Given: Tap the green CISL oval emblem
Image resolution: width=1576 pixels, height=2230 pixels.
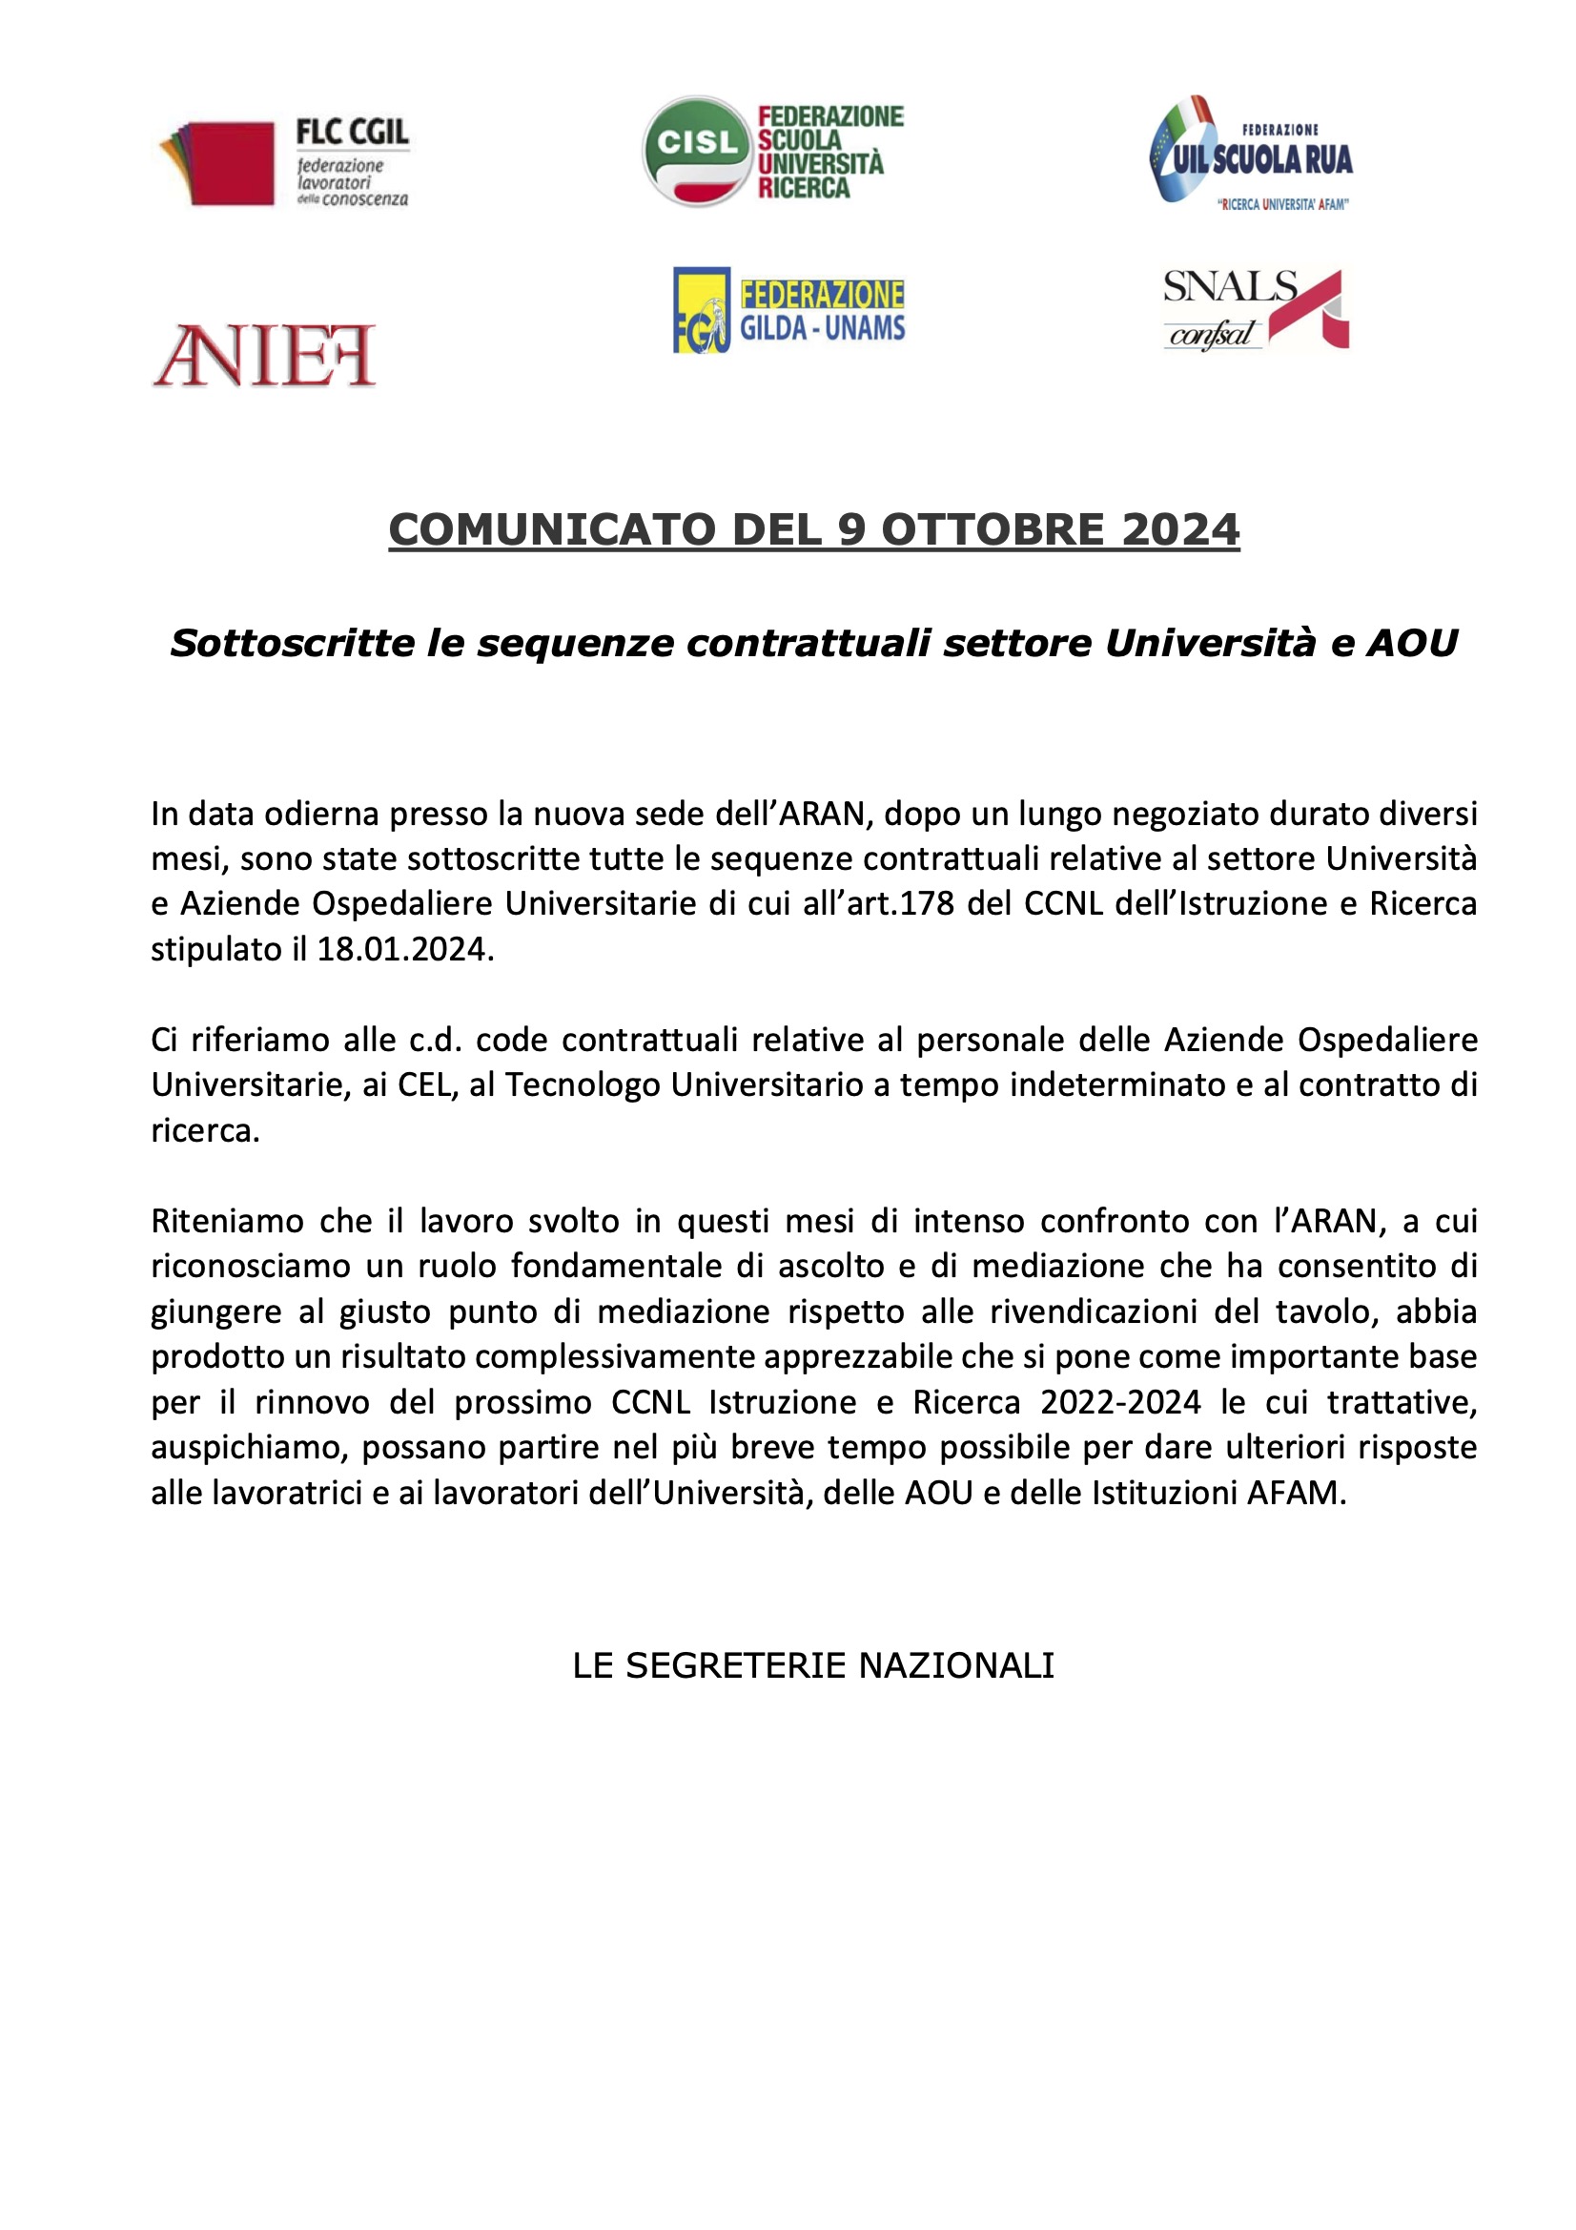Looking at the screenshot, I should point(696,151).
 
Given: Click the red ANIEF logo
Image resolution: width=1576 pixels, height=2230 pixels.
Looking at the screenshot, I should point(264,356).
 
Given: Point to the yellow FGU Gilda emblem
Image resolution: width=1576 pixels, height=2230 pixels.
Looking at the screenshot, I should point(701,310).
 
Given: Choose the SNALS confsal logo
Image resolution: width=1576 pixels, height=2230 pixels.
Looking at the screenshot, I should point(1255,310).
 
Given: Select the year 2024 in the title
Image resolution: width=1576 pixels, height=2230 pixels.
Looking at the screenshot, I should point(1179,530).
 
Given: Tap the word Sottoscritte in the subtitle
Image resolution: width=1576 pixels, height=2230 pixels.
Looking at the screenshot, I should point(292,643).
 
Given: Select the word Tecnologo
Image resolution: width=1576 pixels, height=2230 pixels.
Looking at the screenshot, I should point(583,1084).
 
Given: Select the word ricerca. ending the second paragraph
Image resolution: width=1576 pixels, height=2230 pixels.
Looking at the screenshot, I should point(205,1130).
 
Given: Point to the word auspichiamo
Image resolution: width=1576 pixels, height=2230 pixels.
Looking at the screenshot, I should point(251,1448).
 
